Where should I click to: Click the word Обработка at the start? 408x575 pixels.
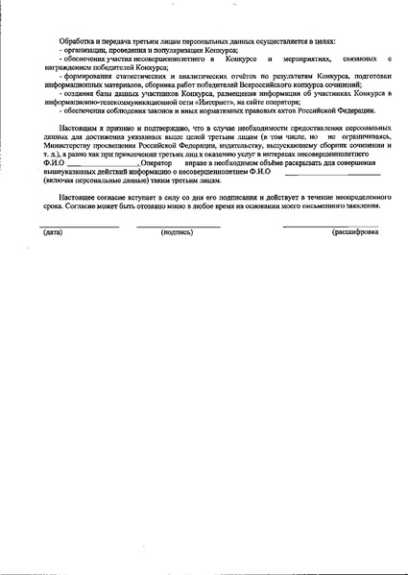pos(73,42)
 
